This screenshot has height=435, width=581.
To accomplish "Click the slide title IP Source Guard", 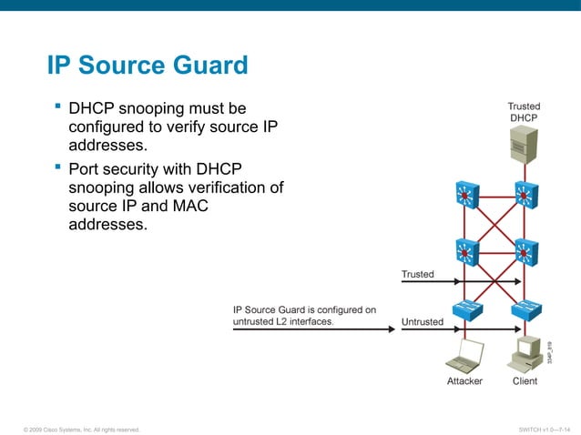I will [x=148, y=66].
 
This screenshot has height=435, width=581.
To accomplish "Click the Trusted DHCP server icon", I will [x=523, y=144].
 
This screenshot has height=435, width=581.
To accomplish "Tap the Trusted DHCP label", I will [x=524, y=112].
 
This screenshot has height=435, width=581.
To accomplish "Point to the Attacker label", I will [x=464, y=381].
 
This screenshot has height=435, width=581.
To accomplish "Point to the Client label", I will [x=525, y=381].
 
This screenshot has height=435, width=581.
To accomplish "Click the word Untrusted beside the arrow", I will [x=423, y=321].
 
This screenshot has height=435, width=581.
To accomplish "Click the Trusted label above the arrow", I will [x=418, y=274].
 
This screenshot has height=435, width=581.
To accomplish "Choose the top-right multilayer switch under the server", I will [x=525, y=193].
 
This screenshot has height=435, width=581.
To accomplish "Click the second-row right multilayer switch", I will [x=525, y=250].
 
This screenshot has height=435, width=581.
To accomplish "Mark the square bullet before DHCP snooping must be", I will [x=57, y=108].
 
